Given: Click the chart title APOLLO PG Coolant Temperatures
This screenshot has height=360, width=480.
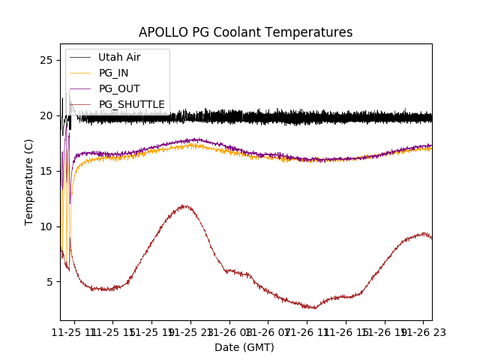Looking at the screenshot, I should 245,32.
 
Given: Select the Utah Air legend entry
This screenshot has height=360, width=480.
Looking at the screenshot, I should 118,58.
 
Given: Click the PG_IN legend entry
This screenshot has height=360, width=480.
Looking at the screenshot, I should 113,73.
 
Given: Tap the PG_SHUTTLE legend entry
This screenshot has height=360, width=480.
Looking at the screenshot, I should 131,104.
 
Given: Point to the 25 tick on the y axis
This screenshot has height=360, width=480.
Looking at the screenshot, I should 46,60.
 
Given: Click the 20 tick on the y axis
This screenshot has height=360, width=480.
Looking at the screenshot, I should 46,115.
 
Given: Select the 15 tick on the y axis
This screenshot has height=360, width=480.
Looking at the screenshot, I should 46,171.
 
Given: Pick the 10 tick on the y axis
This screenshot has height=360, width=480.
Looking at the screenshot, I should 46,226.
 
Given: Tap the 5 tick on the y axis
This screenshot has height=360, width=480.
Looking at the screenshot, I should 49,282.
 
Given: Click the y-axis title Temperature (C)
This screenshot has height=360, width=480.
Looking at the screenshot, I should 29,181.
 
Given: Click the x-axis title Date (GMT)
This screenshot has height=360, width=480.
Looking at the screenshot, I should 244,347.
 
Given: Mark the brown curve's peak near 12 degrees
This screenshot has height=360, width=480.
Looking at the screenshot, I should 184,205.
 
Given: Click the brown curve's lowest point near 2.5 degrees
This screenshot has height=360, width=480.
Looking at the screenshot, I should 314,308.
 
